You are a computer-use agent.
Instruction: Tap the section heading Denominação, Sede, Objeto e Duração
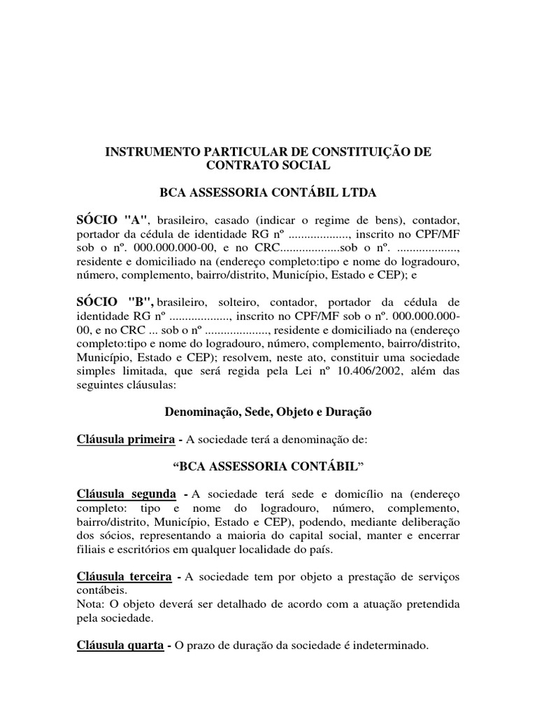point(268,412)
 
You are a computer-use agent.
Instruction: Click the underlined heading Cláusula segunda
point(126,494)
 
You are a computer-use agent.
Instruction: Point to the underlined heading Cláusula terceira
point(124,576)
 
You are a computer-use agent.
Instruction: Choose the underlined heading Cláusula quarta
point(120,645)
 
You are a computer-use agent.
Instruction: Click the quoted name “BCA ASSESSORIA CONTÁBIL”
point(268,467)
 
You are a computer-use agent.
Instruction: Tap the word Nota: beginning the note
point(90,604)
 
